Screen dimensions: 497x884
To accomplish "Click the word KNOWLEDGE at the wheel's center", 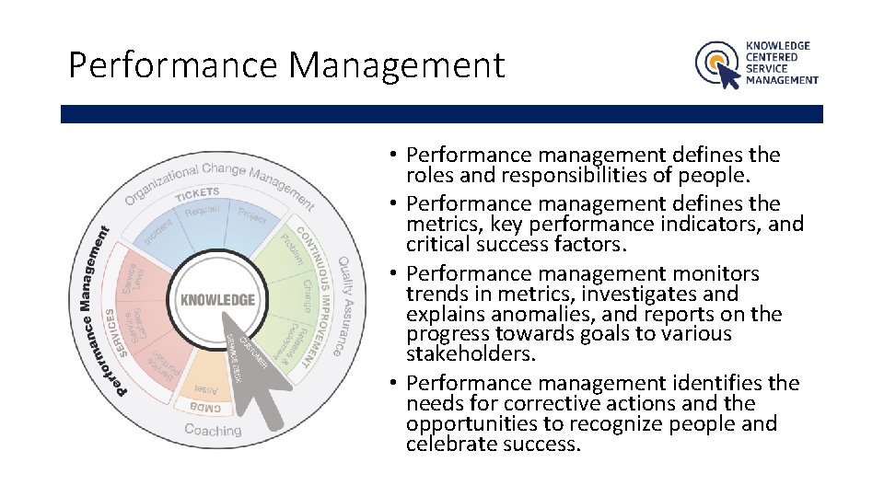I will pyautogui.click(x=217, y=300).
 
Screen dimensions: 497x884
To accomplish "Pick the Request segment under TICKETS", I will pyautogui.click(x=203, y=212).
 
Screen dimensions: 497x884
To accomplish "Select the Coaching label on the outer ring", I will pyautogui.click(x=214, y=430).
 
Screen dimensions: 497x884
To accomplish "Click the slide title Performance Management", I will pyautogui.click(x=286, y=65).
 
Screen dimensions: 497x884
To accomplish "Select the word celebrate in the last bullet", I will pyautogui.click(x=448, y=445).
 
